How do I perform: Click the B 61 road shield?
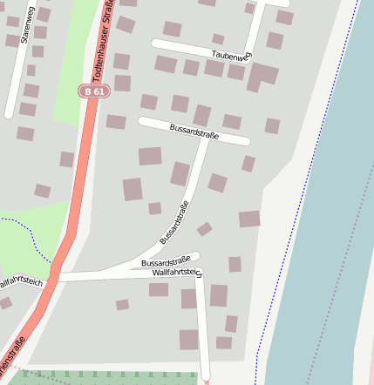tap(93, 91)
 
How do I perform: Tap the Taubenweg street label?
tap(230, 55)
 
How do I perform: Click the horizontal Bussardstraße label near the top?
tap(193, 131)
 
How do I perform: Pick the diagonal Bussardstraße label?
tap(175, 223)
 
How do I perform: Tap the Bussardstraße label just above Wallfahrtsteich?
tap(166, 261)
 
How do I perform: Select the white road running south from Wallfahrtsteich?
tap(202, 331)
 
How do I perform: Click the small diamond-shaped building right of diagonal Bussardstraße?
tap(204, 229)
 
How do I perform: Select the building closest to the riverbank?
tap(249, 219)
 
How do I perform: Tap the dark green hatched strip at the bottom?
tap(113, 378)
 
